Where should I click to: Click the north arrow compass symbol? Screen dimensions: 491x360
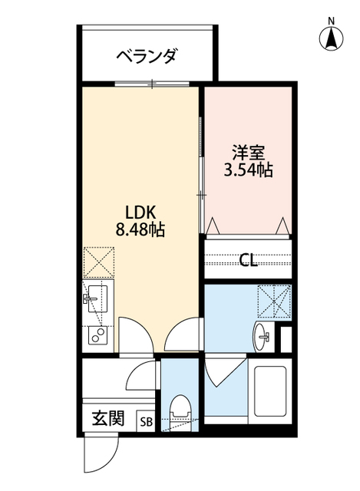tap(332, 38)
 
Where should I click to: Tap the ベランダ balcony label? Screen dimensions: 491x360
tap(147, 56)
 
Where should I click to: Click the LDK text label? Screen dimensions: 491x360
tap(139, 211)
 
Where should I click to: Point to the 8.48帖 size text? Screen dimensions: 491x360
tap(140, 229)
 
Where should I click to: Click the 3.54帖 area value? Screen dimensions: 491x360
tap(248, 170)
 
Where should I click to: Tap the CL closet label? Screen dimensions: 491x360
tap(247, 259)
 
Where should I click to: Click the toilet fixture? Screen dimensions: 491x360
tap(182, 411)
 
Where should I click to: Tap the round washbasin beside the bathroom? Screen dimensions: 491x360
tap(263, 334)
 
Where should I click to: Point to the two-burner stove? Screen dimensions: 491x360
tap(97, 334)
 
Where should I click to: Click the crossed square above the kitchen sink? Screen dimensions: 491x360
tap(98, 262)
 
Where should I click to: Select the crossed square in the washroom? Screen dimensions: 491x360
tap(275, 301)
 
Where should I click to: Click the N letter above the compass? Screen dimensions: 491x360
tap(331, 21)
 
